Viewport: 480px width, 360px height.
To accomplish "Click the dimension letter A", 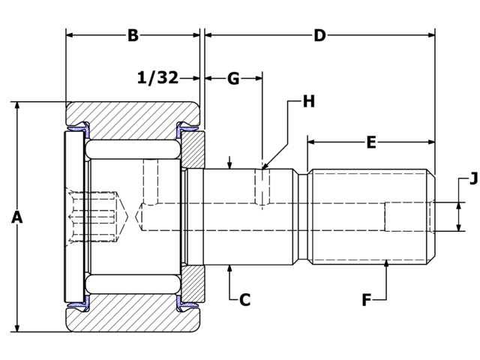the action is pos(17,217).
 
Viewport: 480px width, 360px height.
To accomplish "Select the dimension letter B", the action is pos(133,35).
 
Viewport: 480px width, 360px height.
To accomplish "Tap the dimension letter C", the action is pos(245,300).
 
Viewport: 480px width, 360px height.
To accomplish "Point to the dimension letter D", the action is pos(319,35).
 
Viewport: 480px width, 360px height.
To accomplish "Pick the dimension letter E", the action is pos(371,142).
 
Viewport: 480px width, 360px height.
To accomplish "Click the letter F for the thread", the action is pos(367,300).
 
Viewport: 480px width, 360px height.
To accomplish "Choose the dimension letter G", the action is pos(233,79).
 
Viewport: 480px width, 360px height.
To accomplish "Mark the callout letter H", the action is pos(308,101).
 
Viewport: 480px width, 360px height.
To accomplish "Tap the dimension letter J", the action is pos(473,178).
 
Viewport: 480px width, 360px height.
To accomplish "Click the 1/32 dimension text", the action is pos(157,77).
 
